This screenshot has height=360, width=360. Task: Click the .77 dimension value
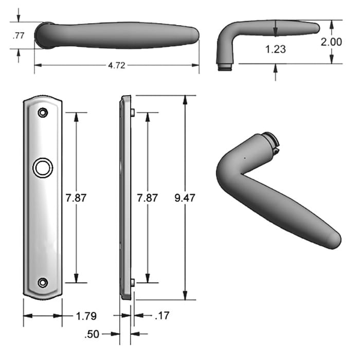[x=19, y=35]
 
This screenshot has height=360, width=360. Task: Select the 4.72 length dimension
[x=116, y=65]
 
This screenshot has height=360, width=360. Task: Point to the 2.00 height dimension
[x=331, y=42]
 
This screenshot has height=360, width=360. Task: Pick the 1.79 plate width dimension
[x=85, y=316]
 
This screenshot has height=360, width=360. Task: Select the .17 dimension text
[x=162, y=316]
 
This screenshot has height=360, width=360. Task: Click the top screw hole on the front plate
[x=43, y=112]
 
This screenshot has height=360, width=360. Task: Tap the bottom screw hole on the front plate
[x=43, y=282]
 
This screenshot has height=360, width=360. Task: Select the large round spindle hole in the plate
[x=42, y=167]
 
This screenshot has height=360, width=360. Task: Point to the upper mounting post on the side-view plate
[x=132, y=112]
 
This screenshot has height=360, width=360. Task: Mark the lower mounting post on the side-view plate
[x=132, y=282]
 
